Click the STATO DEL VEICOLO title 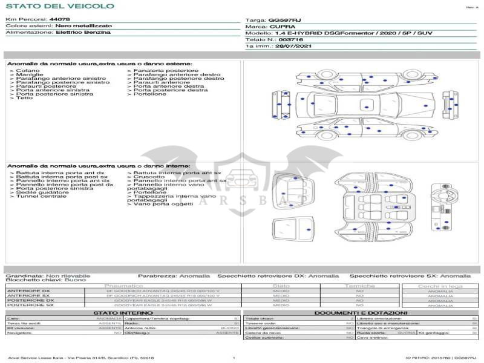tap(59, 6)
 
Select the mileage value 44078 tap(60, 20)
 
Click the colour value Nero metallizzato tap(82, 26)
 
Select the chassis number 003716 tap(292, 39)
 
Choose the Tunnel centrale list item tap(41, 196)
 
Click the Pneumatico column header tap(124, 286)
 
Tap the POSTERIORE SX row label tap(30, 306)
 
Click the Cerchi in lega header tap(440, 286)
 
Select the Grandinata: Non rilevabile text tap(48, 276)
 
